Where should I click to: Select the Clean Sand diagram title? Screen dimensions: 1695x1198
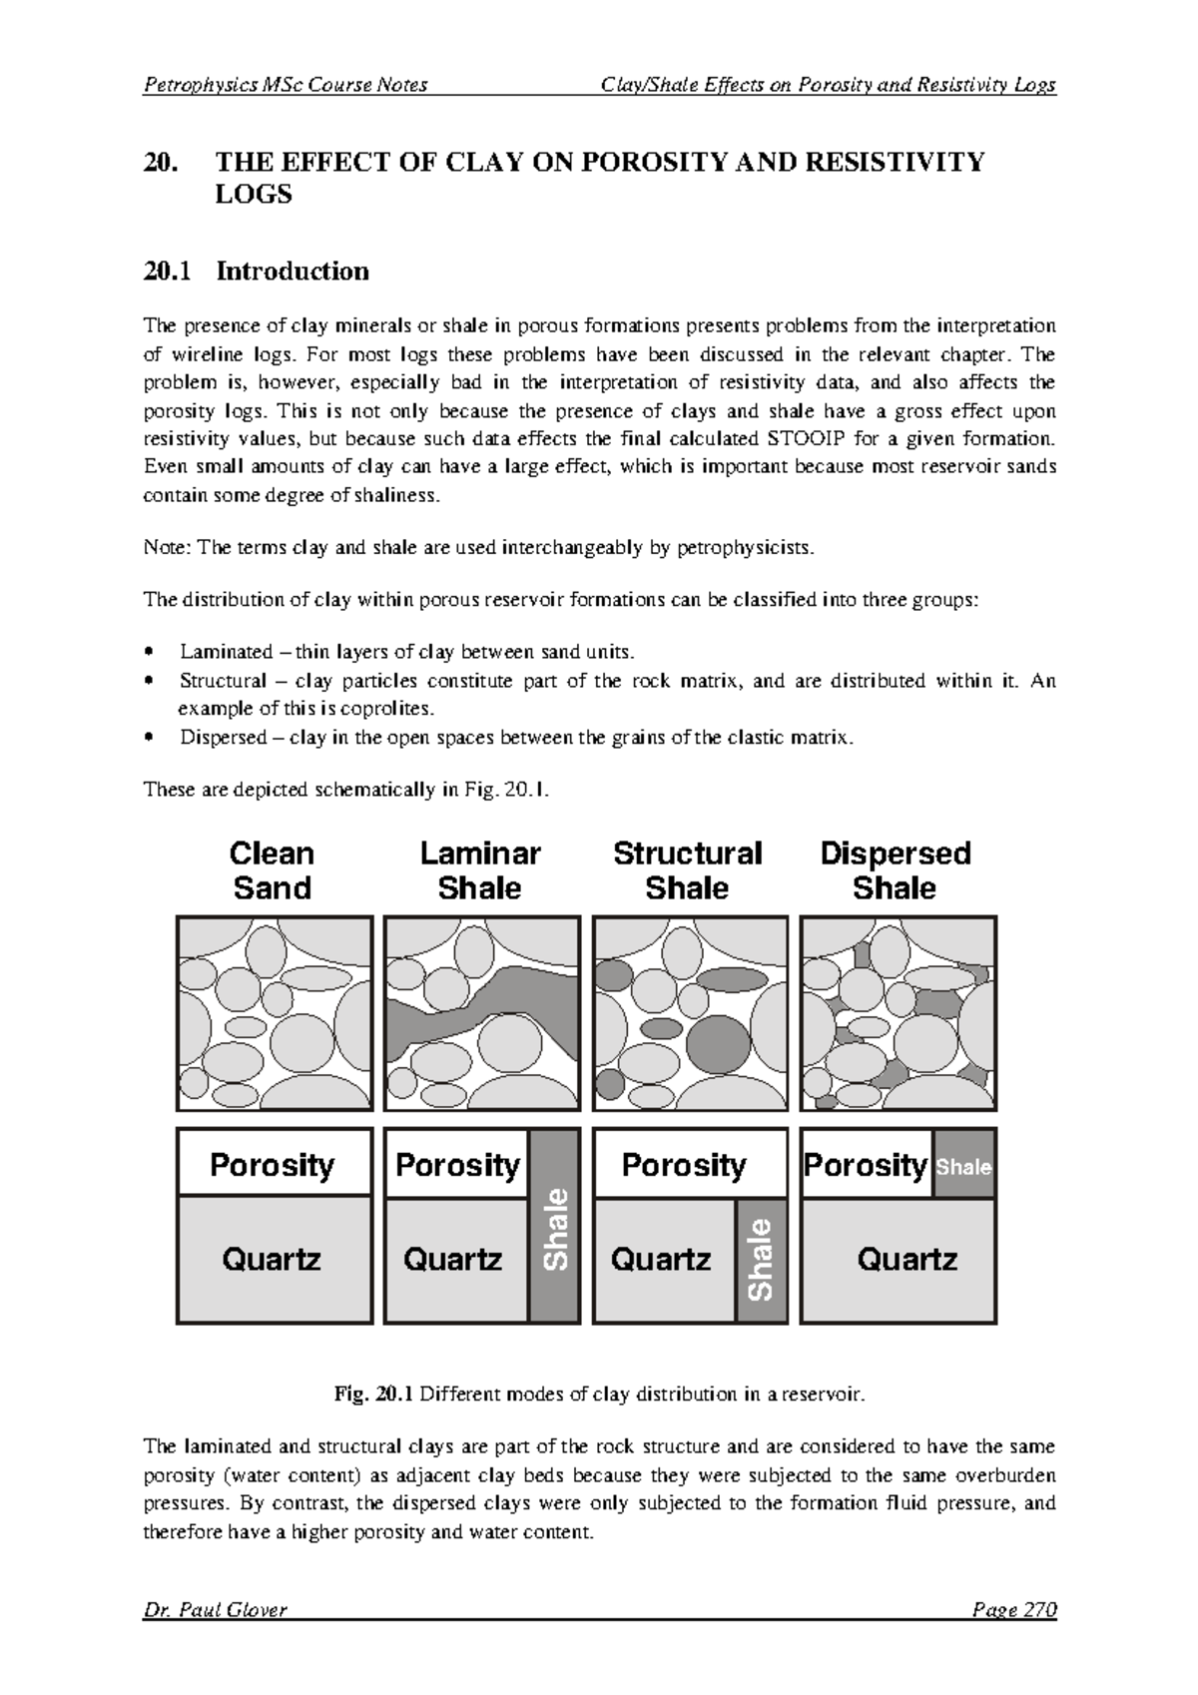coord(272,870)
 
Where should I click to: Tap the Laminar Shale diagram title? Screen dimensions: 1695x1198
coord(479,870)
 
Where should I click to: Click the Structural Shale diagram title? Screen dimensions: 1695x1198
coord(687,870)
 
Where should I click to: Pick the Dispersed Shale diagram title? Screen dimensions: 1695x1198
coord(895,870)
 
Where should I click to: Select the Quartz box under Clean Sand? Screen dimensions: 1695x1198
coord(273,1260)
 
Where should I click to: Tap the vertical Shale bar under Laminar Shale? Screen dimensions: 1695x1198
coord(555,1228)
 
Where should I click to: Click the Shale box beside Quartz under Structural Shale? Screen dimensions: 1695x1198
coord(761,1260)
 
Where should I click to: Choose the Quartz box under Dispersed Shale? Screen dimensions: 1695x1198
coord(906,1260)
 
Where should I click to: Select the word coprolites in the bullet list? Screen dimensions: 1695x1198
coord(397,710)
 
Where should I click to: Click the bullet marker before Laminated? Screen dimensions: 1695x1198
coord(149,653)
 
